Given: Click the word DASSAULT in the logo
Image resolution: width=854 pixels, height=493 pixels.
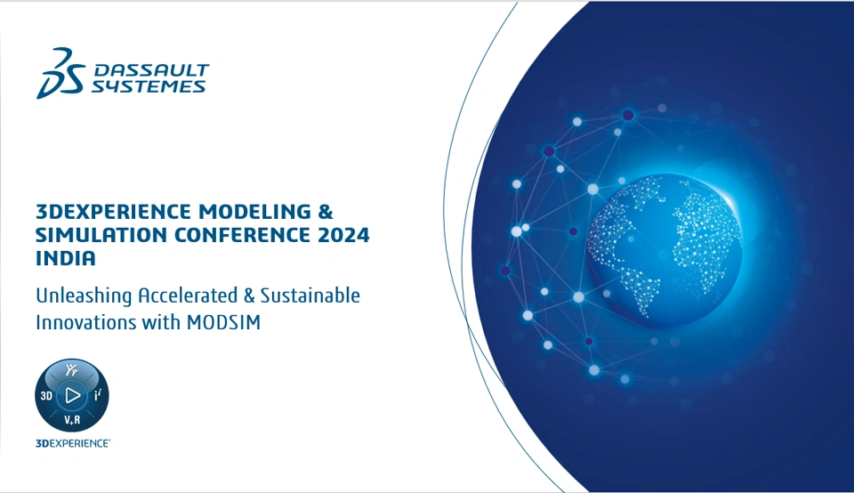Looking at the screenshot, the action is (151, 70).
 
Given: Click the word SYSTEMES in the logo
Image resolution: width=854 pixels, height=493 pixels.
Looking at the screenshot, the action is (149, 86).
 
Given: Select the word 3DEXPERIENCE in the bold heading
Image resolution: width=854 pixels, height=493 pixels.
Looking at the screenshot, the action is (113, 212).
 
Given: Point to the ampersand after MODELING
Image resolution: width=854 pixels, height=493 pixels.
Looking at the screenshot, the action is (326, 212).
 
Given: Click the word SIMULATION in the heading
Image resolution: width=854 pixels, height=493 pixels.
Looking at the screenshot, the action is (101, 235).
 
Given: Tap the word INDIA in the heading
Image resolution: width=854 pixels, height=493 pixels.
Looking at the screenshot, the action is (66, 258).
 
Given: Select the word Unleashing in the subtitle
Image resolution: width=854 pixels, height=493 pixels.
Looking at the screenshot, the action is (84, 295).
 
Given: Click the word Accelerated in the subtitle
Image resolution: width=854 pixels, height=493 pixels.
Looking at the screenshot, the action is (188, 295).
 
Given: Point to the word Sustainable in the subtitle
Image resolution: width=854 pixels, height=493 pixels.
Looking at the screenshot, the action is (310, 295).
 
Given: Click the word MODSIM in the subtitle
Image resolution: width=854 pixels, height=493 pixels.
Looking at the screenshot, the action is (223, 322).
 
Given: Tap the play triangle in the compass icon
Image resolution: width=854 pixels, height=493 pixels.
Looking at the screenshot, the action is (72, 395).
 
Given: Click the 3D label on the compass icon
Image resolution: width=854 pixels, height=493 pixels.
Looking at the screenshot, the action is (46, 395).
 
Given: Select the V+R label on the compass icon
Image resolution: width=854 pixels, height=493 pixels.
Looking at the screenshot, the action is (72, 420).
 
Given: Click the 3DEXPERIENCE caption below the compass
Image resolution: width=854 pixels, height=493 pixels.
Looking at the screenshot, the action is (73, 443).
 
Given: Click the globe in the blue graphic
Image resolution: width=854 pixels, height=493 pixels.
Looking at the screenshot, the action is (665, 252).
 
